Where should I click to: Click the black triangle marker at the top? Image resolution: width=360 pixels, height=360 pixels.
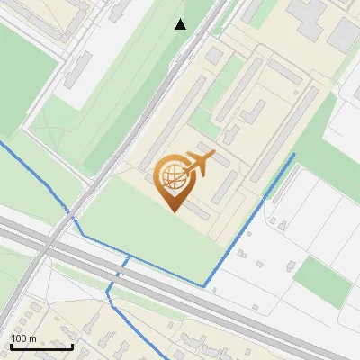181,24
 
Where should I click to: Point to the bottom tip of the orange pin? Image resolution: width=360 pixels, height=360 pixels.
172,210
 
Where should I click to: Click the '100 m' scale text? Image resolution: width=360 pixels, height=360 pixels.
24,338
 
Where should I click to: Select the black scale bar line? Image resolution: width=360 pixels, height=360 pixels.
41,346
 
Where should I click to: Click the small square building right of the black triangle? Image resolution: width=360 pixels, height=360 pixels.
213,55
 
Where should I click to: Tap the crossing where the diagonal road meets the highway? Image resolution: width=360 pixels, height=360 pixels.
54,241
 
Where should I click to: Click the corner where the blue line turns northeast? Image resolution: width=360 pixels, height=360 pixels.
205,285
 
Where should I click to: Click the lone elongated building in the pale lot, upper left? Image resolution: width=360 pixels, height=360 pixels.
78,68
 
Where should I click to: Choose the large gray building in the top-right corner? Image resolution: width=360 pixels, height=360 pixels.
345,34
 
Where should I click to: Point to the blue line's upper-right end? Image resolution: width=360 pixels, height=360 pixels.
293,155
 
